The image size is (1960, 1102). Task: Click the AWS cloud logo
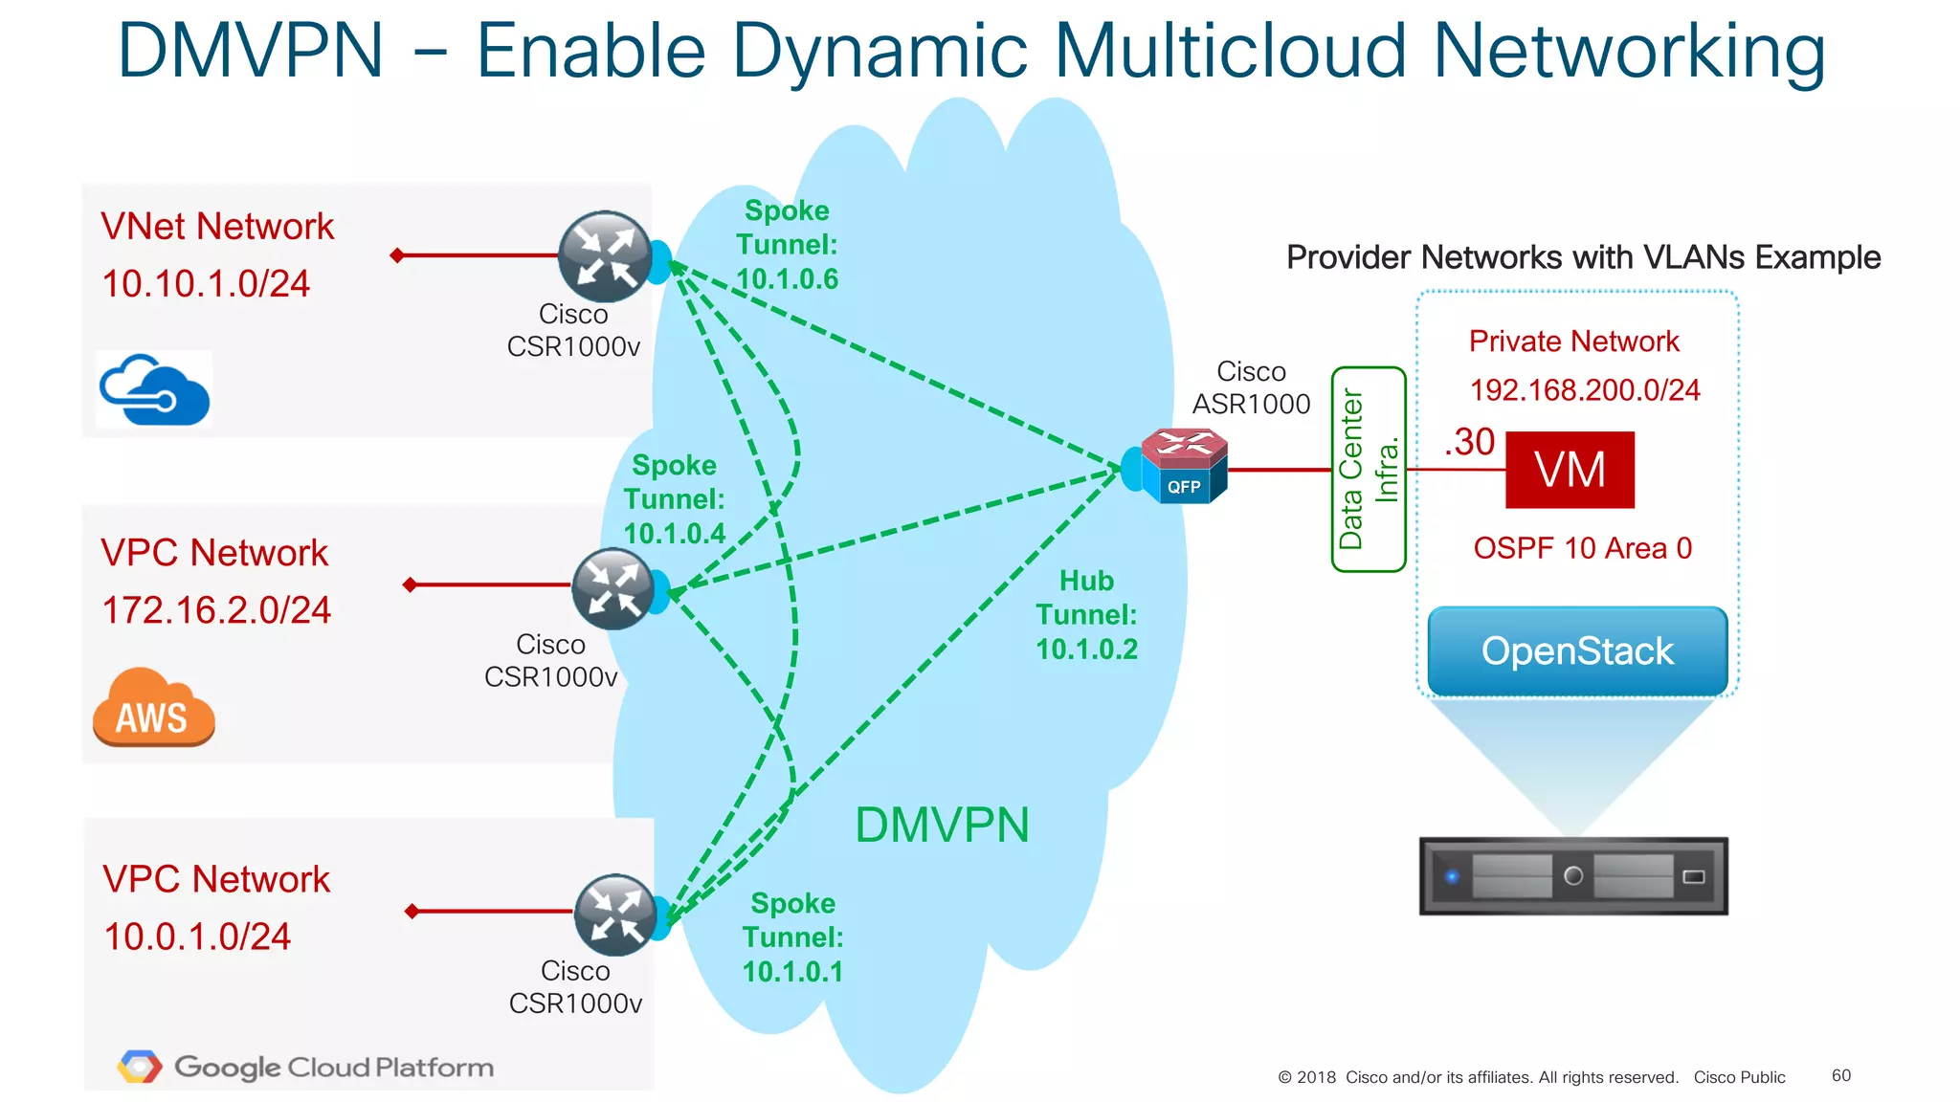pos(153,708)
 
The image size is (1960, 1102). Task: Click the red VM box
pos(1570,470)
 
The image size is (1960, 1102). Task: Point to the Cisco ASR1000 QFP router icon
pos(1184,466)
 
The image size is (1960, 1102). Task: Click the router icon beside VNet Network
pos(605,256)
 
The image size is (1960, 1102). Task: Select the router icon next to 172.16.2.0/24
pos(612,588)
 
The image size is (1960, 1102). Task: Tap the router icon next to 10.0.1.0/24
pos(614,915)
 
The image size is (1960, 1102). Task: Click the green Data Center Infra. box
pos(1368,469)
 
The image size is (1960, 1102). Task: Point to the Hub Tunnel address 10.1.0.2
pos(1086,650)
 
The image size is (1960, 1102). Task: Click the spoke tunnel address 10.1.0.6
pos(787,279)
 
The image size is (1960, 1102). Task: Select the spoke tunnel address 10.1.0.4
pos(675,534)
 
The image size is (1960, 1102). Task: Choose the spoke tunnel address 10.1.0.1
pos(792,972)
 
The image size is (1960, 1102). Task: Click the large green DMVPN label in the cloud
pos(942,825)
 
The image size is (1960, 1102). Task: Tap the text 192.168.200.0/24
pos(1584,390)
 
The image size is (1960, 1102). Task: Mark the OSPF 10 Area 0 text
pos(1582,548)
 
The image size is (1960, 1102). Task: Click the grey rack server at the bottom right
pos(1573,876)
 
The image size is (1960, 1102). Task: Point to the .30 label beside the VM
pos(1470,442)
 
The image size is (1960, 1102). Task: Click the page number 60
pos(1840,1075)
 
